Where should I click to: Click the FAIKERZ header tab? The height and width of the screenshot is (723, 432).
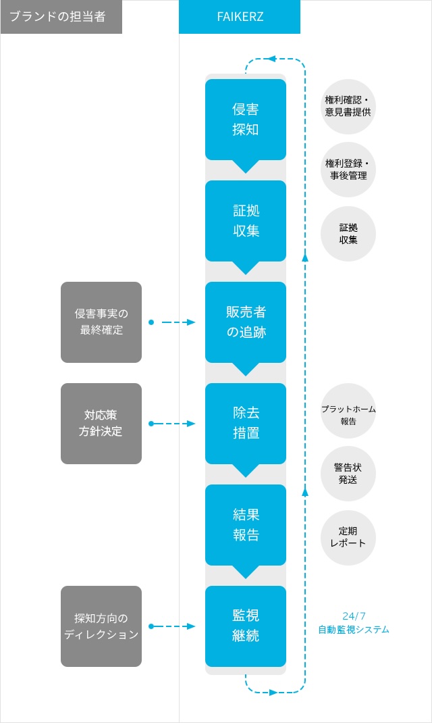(240, 17)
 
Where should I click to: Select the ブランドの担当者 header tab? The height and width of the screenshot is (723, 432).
(61, 17)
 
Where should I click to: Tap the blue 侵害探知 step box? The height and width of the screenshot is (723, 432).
(246, 120)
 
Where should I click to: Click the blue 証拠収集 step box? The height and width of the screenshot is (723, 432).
(246, 222)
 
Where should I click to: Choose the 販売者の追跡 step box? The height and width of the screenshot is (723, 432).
(246, 322)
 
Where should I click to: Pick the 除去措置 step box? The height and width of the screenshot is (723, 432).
(246, 424)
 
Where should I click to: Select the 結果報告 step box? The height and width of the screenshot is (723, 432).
(246, 525)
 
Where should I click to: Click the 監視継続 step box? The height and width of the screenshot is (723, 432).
(246, 626)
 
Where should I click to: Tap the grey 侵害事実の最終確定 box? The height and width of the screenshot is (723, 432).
(101, 322)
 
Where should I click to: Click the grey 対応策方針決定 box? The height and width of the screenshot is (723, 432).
(101, 424)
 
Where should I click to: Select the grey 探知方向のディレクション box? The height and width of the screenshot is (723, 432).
(101, 626)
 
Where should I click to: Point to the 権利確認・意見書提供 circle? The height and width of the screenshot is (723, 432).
(348, 107)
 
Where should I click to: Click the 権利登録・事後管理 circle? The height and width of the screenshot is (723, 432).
(348, 170)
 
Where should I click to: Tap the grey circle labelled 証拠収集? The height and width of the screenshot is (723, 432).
(348, 234)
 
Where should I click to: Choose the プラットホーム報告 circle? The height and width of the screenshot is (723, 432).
(348, 411)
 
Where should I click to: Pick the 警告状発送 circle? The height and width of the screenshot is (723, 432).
(348, 474)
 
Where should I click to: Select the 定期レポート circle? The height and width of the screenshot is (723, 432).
(348, 538)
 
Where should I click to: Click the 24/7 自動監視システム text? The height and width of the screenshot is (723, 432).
(354, 623)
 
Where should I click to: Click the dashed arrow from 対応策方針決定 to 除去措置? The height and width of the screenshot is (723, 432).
(172, 424)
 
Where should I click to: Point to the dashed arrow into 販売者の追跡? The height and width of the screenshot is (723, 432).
(172, 322)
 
